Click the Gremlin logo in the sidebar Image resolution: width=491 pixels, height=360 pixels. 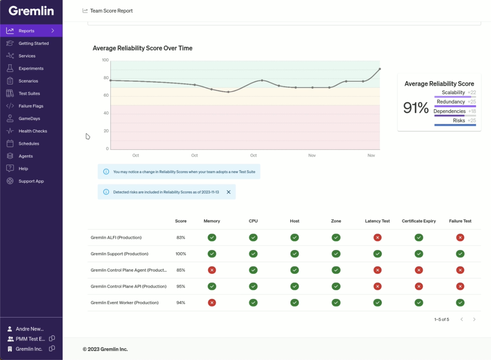31,11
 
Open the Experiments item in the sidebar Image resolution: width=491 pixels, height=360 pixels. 31,68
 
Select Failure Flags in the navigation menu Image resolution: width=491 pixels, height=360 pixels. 31,106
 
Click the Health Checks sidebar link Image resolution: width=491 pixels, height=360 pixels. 33,131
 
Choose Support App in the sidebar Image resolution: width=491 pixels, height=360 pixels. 31,181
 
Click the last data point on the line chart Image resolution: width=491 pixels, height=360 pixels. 380,69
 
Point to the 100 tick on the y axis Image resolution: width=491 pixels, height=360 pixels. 105,60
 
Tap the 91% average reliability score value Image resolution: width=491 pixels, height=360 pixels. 416,108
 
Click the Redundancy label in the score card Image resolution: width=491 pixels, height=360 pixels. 450,102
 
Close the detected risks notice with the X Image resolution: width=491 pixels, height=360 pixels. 228,192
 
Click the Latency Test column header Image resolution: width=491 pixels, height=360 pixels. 377,221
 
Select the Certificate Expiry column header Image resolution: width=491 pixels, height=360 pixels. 419,221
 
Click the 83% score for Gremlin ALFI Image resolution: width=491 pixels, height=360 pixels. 181,237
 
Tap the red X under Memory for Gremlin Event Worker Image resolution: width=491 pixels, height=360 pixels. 212,303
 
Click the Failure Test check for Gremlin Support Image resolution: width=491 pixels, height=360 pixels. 460,254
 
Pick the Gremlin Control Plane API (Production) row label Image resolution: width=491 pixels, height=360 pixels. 128,286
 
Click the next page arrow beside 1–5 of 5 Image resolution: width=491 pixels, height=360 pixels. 474,319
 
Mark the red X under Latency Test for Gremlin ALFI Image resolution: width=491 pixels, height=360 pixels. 377,237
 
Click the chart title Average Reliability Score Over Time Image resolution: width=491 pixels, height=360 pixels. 143,48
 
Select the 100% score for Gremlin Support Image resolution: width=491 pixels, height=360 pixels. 181,254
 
